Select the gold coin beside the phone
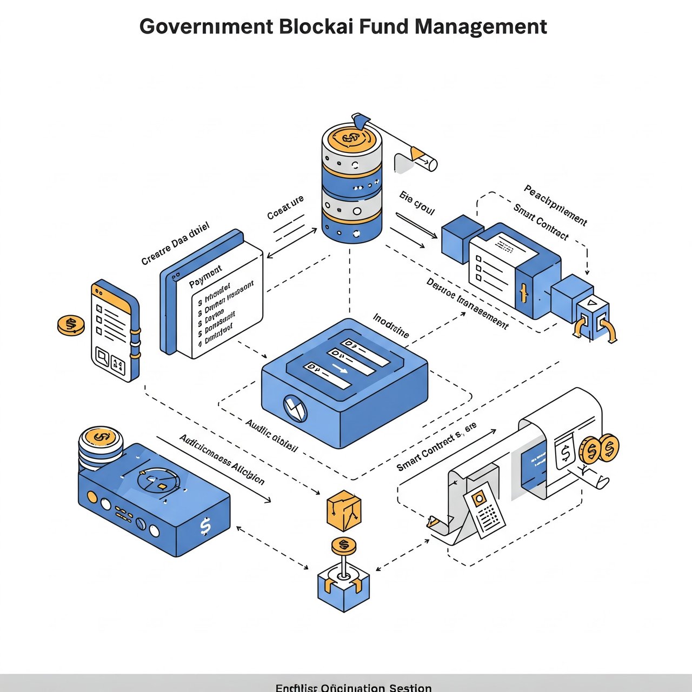(x=71, y=325)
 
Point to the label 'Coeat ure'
(x=285, y=208)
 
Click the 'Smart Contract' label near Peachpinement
(x=541, y=222)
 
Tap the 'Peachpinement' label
(x=555, y=205)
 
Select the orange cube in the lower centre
(x=344, y=510)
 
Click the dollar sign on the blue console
(x=205, y=525)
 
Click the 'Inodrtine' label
(x=391, y=325)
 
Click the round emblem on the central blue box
(x=295, y=408)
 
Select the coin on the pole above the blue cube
(x=344, y=545)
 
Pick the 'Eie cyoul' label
(x=417, y=203)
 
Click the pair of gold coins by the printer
(x=599, y=448)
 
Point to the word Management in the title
(x=481, y=26)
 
